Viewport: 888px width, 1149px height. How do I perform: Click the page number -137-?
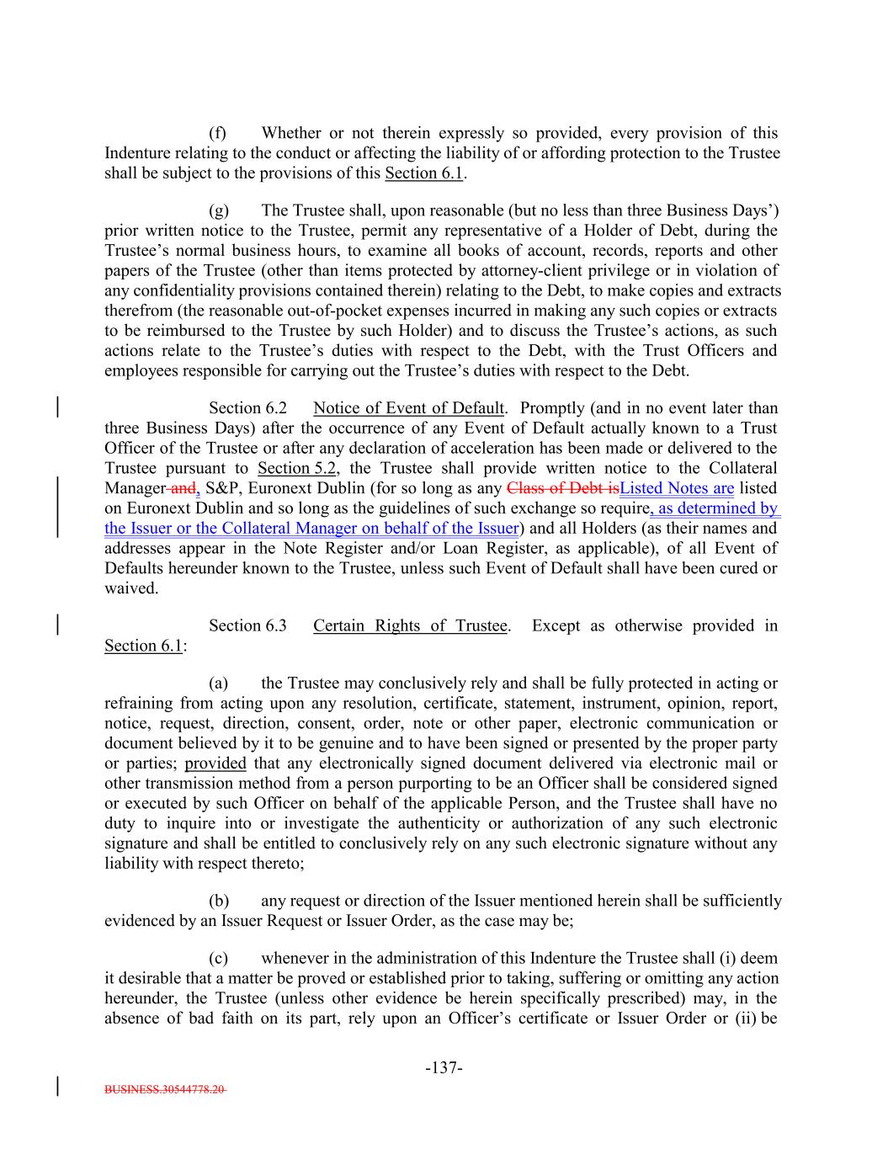444,1068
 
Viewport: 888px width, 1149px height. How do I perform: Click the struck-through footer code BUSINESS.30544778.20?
165,1088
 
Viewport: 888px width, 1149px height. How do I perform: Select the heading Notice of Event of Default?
408,408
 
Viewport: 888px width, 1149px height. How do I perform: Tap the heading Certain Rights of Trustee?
410,625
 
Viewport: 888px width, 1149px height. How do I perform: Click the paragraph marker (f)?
218,133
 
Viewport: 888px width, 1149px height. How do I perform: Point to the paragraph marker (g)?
218,210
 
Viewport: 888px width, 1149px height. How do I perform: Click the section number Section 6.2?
247,408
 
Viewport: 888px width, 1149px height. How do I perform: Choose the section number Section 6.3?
247,625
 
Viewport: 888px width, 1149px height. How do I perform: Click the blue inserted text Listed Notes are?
677,488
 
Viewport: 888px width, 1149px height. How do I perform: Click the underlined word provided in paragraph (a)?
215,763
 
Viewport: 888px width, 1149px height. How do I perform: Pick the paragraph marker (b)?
218,901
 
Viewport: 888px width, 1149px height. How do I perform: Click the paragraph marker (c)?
218,958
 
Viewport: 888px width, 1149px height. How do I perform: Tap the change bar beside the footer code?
57,1084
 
